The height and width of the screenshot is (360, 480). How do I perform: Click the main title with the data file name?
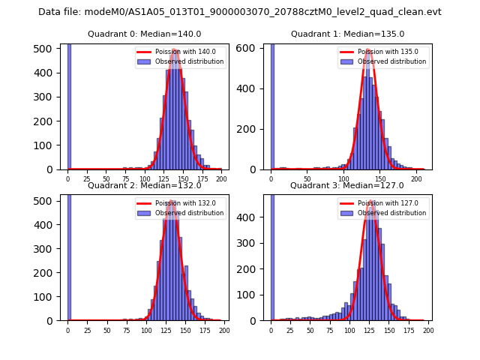(x=240, y=12)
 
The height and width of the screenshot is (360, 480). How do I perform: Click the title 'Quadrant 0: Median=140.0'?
(x=145, y=34)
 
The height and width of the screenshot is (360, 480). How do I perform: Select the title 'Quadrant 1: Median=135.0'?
(x=347, y=34)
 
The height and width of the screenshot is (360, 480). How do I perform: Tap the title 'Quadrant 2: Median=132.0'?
(x=145, y=185)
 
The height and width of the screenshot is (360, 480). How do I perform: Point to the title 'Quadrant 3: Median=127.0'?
(x=347, y=185)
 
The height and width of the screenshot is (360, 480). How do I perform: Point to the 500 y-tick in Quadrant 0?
(x=50, y=48)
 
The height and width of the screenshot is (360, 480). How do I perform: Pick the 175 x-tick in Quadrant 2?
(x=204, y=331)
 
